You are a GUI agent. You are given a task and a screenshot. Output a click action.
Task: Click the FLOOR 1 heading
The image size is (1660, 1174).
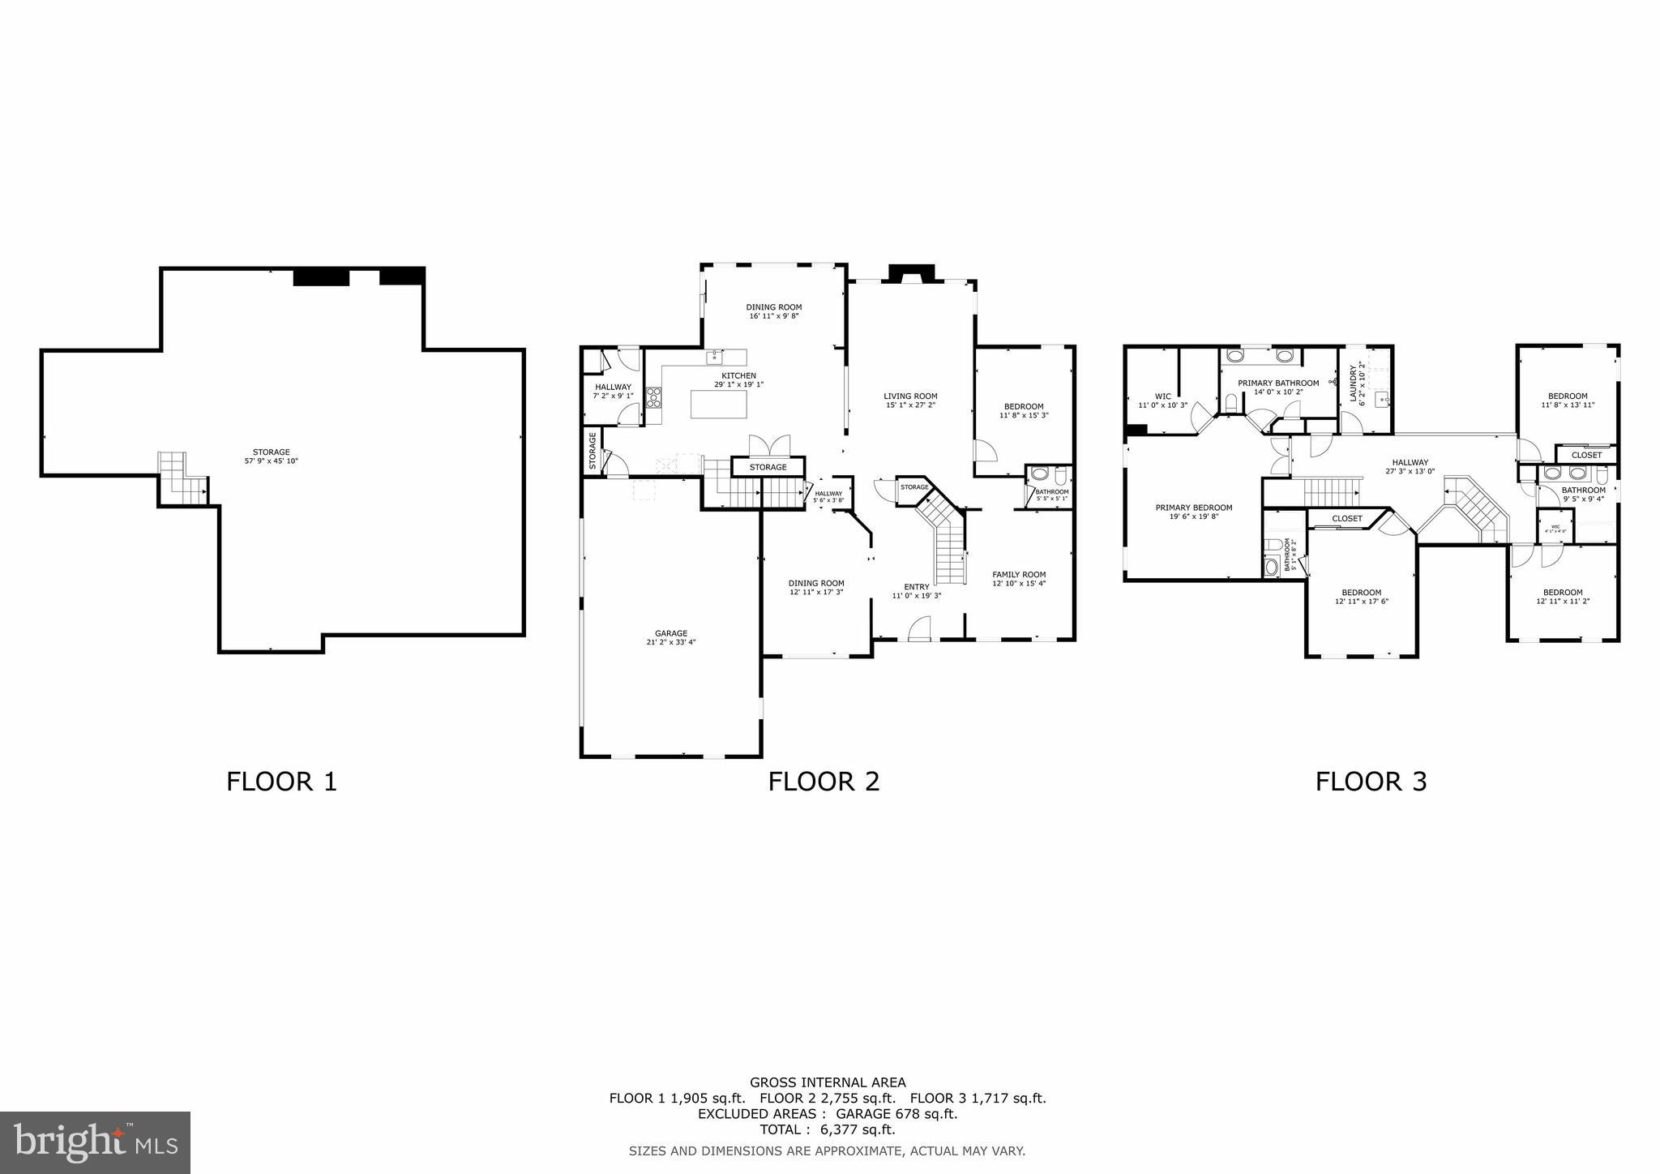click(x=281, y=782)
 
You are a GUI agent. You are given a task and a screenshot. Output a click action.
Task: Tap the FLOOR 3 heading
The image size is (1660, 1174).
click(x=1371, y=782)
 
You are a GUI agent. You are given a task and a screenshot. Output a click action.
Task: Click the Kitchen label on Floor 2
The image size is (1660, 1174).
click(x=738, y=379)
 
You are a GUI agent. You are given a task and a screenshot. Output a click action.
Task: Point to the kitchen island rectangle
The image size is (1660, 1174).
click(x=718, y=404)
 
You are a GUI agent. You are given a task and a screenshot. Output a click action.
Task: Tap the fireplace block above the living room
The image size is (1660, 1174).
click(x=912, y=274)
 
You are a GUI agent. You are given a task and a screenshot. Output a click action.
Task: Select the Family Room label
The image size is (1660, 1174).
click(x=1019, y=578)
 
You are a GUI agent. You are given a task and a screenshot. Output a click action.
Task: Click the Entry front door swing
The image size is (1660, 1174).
click(x=919, y=629)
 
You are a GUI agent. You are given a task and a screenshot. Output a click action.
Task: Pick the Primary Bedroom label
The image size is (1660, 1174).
click(x=1193, y=512)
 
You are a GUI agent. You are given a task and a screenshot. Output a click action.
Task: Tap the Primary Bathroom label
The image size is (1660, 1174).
click(x=1277, y=387)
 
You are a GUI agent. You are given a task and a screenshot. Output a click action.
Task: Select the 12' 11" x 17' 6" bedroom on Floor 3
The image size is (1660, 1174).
click(x=1361, y=597)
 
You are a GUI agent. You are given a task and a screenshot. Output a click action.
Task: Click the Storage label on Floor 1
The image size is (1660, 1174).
click(x=271, y=456)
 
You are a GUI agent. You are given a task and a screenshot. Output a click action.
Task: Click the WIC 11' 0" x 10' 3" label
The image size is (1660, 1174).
click(x=1162, y=401)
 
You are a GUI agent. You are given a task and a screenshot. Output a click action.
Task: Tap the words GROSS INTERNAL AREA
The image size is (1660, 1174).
click(x=828, y=1082)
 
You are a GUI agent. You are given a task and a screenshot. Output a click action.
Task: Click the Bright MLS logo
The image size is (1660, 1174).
click(x=95, y=1142)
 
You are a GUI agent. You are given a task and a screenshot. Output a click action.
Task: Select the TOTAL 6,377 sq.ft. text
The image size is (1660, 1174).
click(x=828, y=1129)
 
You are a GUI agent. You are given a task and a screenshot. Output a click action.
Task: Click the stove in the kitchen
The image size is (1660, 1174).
click(x=653, y=397)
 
